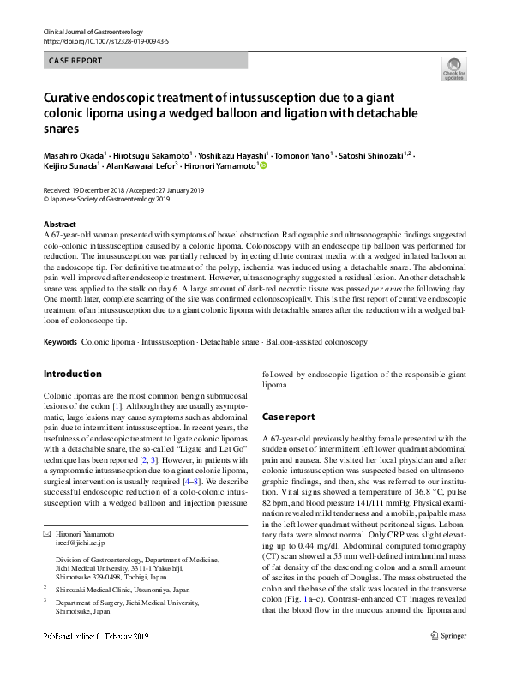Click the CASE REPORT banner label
point(75,61)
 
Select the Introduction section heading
point(72,375)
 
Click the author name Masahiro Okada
point(73,155)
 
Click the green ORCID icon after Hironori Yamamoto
point(263,166)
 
